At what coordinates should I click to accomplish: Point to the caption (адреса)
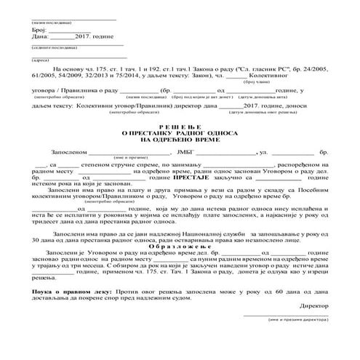tap(40, 60)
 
